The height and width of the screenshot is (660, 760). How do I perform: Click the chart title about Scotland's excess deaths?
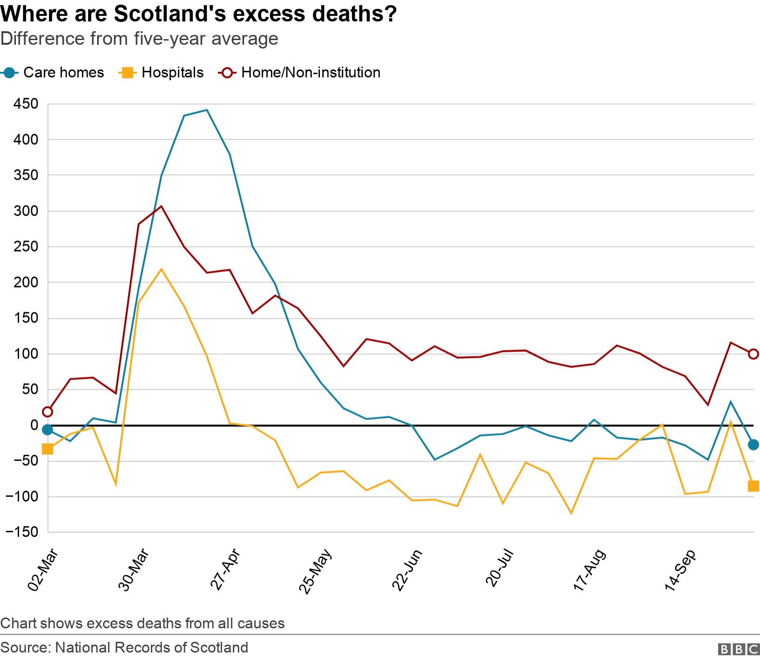click(198, 14)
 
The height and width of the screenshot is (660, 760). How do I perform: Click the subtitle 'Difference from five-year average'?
click(139, 39)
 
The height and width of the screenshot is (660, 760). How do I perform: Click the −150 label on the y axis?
click(22, 532)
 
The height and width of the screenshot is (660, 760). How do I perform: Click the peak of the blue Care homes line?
click(207, 110)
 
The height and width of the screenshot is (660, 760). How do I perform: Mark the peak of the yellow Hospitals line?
click(161, 269)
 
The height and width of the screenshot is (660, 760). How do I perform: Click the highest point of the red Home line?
click(161, 206)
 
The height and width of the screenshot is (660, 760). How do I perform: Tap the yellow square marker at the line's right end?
click(753, 486)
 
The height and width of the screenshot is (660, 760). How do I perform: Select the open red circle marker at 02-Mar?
click(47, 412)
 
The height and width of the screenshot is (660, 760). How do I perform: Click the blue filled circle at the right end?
click(753, 445)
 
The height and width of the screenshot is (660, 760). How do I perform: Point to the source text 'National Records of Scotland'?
click(151, 647)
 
